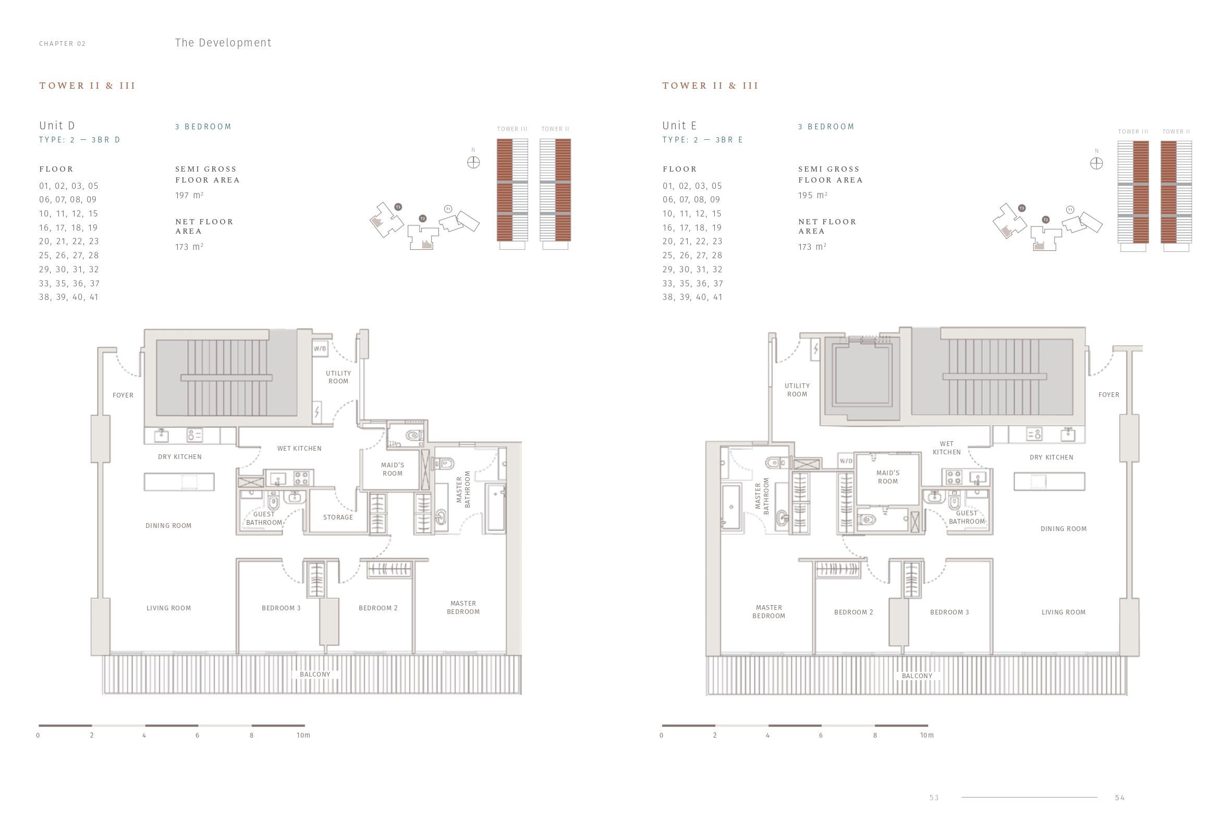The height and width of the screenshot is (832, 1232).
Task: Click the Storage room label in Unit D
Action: point(338,517)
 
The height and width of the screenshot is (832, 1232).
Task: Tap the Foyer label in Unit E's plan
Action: point(1108,395)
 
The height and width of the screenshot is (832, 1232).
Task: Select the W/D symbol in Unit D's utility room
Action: point(320,348)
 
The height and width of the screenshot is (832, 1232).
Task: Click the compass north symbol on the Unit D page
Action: point(473,162)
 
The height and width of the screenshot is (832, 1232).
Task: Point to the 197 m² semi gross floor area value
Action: point(189,195)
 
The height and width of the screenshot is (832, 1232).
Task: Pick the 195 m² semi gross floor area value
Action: point(813,195)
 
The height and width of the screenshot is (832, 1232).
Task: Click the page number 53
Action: point(934,798)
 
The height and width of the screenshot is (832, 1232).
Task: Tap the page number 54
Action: point(1119,798)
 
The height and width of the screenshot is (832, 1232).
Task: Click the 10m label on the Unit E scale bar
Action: point(926,735)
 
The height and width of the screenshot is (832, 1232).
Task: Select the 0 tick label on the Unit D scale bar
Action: point(38,735)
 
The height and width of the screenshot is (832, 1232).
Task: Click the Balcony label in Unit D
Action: point(315,674)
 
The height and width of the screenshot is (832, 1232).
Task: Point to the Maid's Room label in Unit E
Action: point(887,477)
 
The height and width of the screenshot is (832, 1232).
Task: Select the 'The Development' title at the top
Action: point(223,43)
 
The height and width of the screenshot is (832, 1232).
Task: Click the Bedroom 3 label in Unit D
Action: point(281,608)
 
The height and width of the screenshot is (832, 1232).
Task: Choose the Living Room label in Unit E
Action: point(1064,612)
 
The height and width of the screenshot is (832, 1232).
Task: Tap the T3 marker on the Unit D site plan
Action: point(398,207)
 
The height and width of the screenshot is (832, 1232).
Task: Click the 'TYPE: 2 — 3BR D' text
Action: point(80,140)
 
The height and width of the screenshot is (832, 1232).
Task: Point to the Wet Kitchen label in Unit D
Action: point(299,449)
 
